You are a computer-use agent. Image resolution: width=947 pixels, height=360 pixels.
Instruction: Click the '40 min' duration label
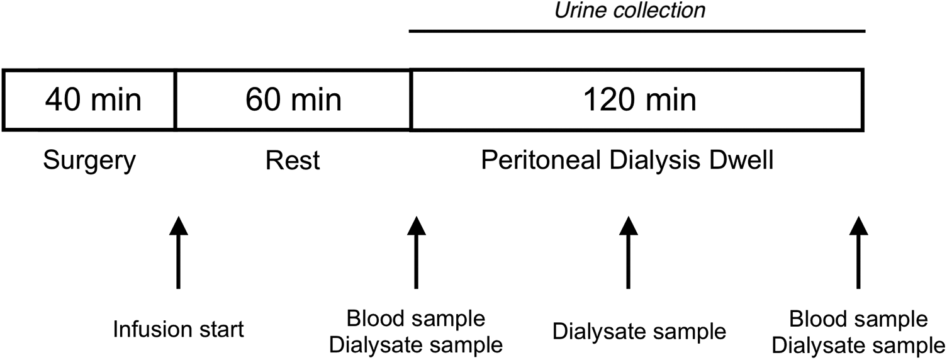[93, 100]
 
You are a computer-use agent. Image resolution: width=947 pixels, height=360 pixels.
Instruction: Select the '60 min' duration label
[293, 100]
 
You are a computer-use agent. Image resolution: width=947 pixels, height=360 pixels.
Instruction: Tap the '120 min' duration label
[640, 100]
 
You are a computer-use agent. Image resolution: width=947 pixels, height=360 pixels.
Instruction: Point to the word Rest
[293, 160]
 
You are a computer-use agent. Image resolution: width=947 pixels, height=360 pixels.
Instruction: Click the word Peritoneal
[541, 160]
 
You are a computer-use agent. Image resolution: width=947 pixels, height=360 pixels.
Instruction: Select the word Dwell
[741, 160]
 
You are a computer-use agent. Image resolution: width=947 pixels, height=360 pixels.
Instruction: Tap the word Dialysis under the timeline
[655, 161]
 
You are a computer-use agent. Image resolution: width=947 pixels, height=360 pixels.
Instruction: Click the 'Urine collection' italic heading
[630, 10]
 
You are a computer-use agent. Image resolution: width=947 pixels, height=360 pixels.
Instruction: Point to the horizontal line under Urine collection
[637, 31]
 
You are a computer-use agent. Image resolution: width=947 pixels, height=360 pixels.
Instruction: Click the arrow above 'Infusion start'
[179, 252]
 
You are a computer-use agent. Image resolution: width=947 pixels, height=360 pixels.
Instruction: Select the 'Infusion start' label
[179, 329]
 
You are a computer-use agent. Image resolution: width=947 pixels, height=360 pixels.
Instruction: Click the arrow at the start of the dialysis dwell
[417, 252]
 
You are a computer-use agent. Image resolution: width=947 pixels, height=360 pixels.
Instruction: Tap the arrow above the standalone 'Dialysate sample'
[628, 252]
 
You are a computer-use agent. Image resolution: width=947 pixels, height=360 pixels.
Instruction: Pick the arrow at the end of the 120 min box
[859, 252]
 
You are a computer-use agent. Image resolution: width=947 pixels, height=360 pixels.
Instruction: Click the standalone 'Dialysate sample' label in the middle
[639, 332]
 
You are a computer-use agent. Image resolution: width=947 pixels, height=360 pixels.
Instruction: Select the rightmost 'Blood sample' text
[859, 319]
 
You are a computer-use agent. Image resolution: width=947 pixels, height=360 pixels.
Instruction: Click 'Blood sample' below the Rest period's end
[416, 318]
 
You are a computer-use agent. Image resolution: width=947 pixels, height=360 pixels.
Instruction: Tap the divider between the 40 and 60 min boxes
[175, 100]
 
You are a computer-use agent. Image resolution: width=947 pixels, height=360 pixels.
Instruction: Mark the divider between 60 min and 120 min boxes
[410, 100]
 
